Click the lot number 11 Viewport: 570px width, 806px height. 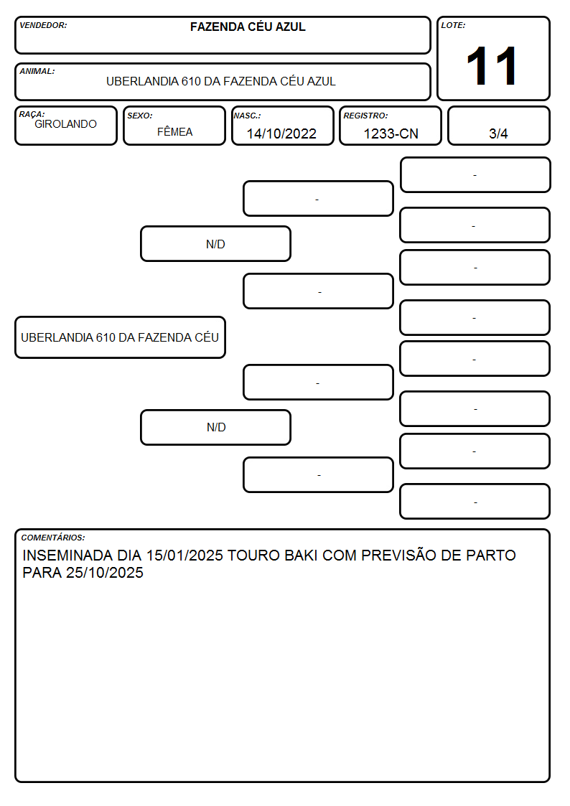pos(491,66)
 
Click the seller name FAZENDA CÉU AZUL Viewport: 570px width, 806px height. pos(248,27)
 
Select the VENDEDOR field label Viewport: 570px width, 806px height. pos(43,25)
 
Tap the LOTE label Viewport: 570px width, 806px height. pos(453,25)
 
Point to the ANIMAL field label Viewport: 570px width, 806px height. pos(37,71)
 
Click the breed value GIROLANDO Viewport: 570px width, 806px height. pos(66,124)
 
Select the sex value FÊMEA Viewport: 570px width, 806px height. pos(174,131)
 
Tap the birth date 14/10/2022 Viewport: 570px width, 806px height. pos(281,133)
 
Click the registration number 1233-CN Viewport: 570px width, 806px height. pos(391,133)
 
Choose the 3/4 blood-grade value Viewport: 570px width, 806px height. pos(498,133)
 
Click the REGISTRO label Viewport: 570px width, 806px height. pos(365,116)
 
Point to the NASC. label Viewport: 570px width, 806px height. pos(247,116)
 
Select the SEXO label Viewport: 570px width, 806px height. pos(140,116)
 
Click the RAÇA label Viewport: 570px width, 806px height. pos(32,114)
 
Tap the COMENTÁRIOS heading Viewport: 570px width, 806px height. pos(53,538)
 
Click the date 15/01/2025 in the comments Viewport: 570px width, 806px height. pos(184,556)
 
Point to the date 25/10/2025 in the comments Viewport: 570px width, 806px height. pos(105,573)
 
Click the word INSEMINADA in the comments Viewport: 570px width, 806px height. pos(67,556)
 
